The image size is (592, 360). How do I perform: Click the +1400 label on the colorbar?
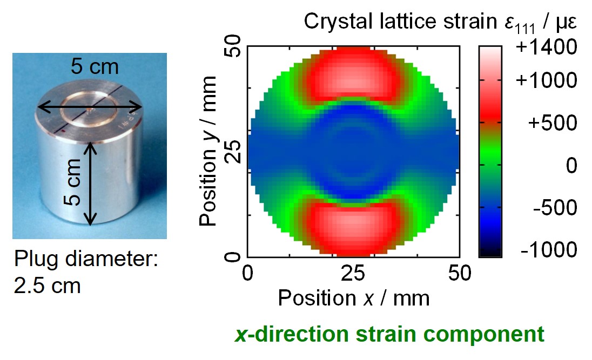tap(546, 47)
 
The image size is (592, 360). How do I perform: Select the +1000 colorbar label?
tap(546, 80)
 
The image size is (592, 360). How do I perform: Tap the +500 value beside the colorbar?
tap(553, 123)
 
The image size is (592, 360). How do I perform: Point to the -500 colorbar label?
tap(555, 208)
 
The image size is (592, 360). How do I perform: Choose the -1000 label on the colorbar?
tap(549, 249)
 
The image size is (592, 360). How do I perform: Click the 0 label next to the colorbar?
tap(571, 165)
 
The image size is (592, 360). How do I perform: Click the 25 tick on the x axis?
tap(353, 273)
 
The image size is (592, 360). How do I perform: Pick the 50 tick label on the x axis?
tap(460, 273)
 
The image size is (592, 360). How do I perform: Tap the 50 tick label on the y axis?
tap(233, 46)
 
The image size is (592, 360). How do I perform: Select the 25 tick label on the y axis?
tap(233, 151)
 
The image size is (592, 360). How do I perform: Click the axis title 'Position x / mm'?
tap(354, 298)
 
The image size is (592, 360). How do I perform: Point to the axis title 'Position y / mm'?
tap(208, 151)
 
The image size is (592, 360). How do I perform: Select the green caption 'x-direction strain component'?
tap(389, 334)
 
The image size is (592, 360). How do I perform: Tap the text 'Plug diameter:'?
tap(86, 260)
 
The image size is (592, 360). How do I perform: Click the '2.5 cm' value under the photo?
tap(47, 286)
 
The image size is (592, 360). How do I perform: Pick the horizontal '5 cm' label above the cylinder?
tap(95, 67)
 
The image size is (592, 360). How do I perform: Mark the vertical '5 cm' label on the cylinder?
tap(73, 182)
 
